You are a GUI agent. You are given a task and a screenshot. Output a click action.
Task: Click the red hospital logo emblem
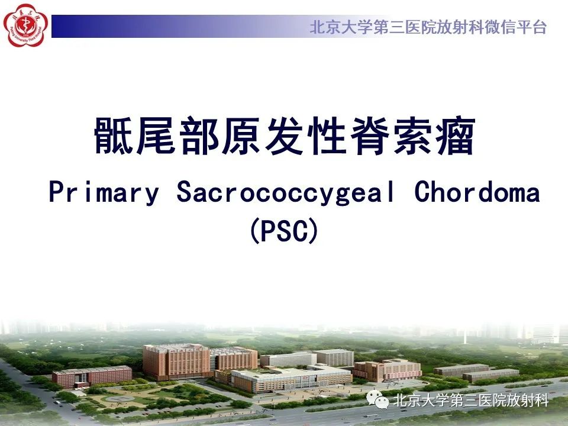[25, 25]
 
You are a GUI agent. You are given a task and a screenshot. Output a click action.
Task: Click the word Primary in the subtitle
[104, 192]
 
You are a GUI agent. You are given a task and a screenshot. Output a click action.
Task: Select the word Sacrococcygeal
[285, 192]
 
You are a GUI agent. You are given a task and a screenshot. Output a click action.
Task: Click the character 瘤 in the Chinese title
[456, 136]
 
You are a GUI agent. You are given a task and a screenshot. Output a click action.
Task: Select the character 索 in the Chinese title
[412, 136]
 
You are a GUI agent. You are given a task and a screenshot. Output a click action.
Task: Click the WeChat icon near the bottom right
[377, 399]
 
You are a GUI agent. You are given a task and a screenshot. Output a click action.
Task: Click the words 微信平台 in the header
[515, 27]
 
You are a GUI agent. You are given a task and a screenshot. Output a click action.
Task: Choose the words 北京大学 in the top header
[341, 27]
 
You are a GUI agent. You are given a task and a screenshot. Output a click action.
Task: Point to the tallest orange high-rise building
[176, 362]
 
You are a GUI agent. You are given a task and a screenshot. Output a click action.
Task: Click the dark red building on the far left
[92, 377]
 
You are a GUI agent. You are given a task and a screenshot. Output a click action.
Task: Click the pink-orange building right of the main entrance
[388, 370]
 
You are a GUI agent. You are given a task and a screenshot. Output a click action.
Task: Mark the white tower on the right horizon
[465, 337]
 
